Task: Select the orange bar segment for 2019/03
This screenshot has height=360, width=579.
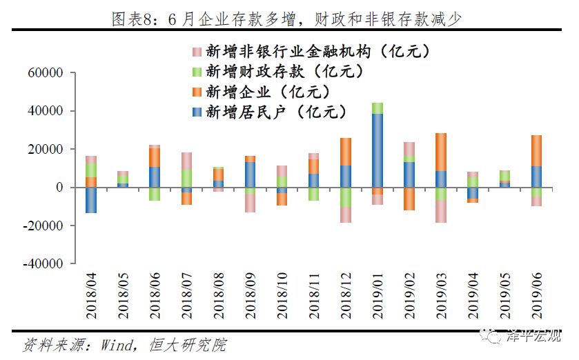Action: pos(440,152)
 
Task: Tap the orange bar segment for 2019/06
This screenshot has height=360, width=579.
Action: pos(536,150)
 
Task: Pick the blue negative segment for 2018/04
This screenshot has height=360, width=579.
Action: pos(91,200)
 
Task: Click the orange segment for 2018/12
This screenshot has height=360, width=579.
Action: pos(345,152)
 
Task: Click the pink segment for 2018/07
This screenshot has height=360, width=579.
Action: pos(186,161)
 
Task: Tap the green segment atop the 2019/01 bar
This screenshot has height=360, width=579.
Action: pos(377,108)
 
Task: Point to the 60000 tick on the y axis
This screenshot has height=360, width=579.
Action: pos(46,73)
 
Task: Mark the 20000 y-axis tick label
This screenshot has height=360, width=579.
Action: pos(46,150)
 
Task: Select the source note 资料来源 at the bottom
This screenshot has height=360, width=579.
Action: pos(124,345)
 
